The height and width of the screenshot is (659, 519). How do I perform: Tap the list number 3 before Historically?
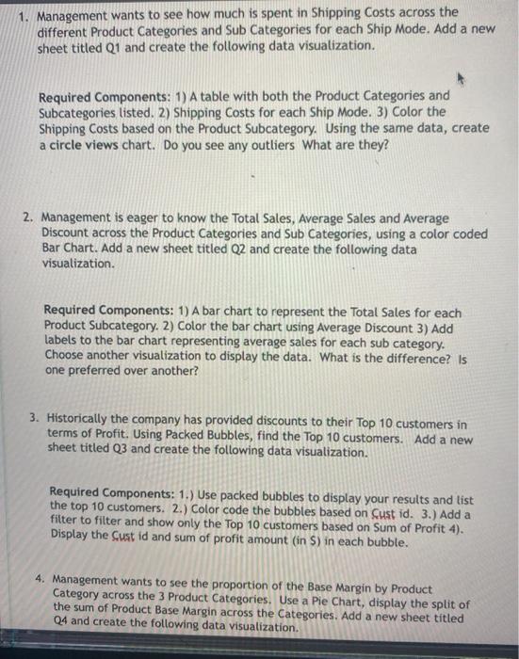(33, 424)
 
